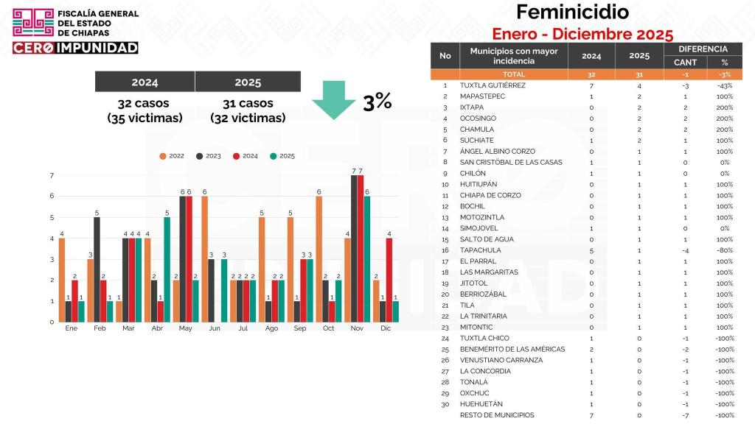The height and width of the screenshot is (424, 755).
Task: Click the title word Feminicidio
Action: pos(572,13)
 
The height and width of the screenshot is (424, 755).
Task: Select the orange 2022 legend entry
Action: pos(173,156)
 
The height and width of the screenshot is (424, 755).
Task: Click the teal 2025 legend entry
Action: pos(285,156)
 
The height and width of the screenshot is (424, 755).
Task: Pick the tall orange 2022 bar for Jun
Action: pos(204,259)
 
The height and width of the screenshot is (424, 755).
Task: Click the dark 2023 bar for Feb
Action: pos(97,269)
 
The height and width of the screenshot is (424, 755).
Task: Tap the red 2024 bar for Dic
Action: pos(389,280)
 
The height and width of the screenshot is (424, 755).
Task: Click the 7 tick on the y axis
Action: pos(52,175)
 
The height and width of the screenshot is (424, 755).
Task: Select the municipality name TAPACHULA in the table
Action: pos(480,250)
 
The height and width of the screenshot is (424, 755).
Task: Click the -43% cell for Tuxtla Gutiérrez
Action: pos(724,85)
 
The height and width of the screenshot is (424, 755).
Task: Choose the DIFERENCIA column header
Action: pos(703,49)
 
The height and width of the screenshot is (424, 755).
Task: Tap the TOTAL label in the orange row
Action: pos(513,74)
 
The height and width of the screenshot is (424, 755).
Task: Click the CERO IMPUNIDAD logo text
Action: pos(75,48)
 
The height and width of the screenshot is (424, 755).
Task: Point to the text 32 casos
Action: pos(145,104)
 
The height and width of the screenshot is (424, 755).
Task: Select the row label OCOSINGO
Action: pos(478,119)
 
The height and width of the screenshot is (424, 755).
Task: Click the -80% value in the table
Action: pos(724,250)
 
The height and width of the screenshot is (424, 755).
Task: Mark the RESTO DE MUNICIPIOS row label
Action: pos(497,415)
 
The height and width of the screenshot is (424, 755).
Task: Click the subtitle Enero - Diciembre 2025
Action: pos(582,34)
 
